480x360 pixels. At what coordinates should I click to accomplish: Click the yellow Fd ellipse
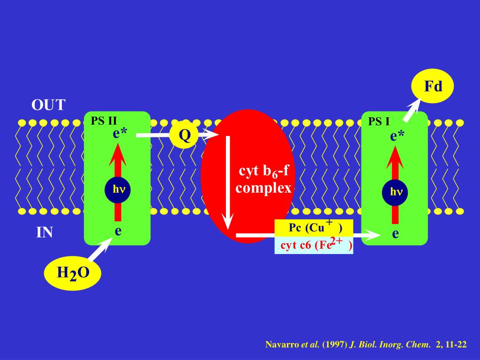tap(432, 87)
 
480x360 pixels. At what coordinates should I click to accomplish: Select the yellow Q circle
tap(185, 135)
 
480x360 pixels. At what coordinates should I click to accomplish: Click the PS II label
tap(104, 120)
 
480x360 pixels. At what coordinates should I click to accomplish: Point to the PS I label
tap(379, 121)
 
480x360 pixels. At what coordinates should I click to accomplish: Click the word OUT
tap(48, 105)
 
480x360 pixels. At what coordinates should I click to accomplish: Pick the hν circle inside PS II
tap(118, 189)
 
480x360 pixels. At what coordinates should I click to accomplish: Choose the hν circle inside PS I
tap(395, 192)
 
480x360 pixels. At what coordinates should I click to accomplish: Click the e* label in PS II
tap(120, 134)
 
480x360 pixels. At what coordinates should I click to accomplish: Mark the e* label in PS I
tap(397, 136)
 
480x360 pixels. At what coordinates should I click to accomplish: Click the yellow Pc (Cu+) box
tap(314, 227)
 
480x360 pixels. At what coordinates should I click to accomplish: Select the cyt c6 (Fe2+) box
tap(314, 245)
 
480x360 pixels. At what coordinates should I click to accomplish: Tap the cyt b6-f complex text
tap(263, 180)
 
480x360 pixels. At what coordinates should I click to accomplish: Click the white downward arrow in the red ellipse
tap(228, 183)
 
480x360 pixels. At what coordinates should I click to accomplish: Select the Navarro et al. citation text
tap(366, 345)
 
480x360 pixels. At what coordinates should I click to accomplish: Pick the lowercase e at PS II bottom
tap(118, 230)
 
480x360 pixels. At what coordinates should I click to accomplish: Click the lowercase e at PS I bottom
tap(395, 233)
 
